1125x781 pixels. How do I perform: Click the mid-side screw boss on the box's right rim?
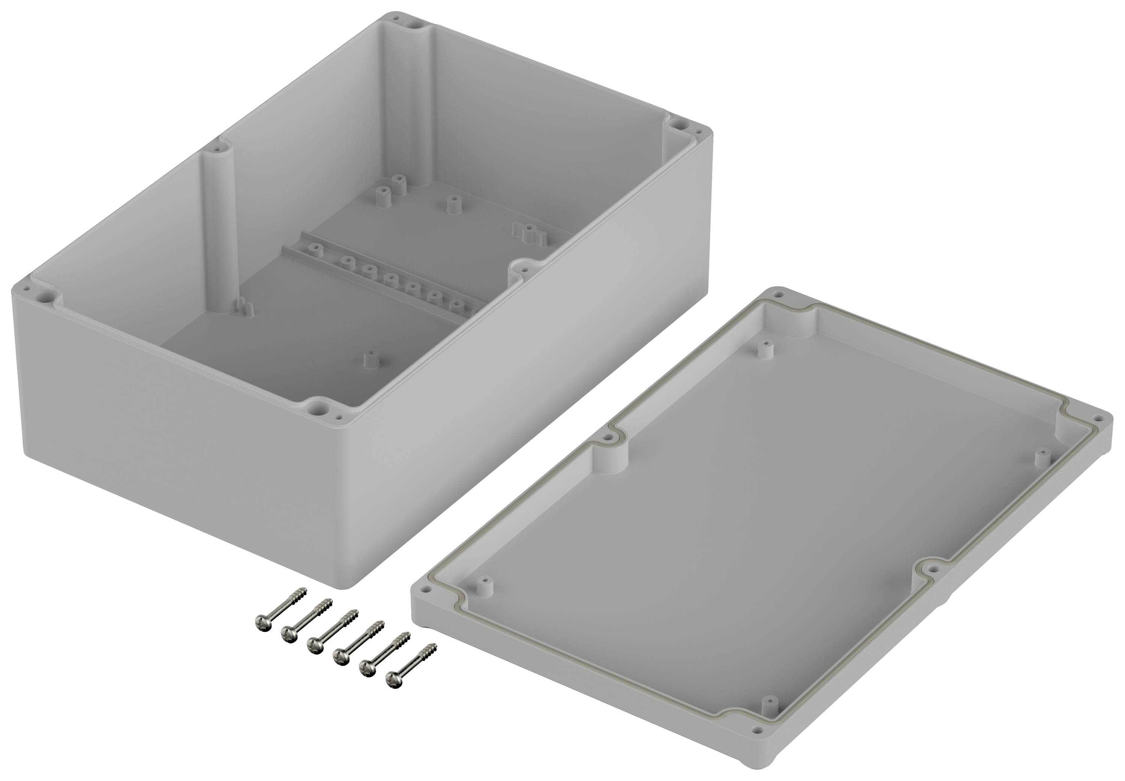523,269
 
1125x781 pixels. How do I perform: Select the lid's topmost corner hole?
778,294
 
